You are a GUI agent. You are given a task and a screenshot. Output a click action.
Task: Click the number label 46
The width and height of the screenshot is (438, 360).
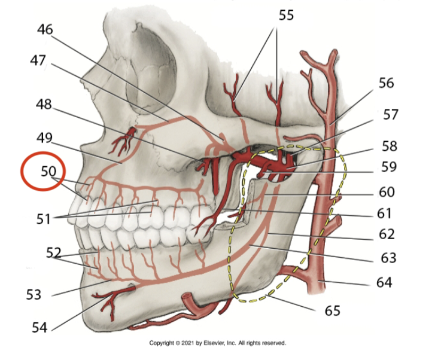[x=45, y=28]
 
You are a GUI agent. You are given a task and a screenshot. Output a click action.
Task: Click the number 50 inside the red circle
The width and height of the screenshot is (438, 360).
[x=48, y=170]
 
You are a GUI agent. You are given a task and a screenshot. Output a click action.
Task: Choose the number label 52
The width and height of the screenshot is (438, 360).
[x=54, y=252]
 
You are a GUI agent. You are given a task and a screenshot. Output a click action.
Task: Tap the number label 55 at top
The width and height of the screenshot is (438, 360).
[x=287, y=15]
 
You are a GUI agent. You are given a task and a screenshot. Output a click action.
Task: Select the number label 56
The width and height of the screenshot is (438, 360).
[x=386, y=83]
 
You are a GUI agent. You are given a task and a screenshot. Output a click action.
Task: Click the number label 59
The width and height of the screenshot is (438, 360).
[x=389, y=167]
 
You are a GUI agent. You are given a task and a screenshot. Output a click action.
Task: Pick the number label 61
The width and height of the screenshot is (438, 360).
[x=388, y=213]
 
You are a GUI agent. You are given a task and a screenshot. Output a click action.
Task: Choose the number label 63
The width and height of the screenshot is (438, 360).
[x=388, y=258]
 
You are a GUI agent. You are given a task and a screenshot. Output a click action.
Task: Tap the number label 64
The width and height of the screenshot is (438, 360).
[x=384, y=281]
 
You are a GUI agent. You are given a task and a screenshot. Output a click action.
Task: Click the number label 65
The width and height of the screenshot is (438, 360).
[x=332, y=310]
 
